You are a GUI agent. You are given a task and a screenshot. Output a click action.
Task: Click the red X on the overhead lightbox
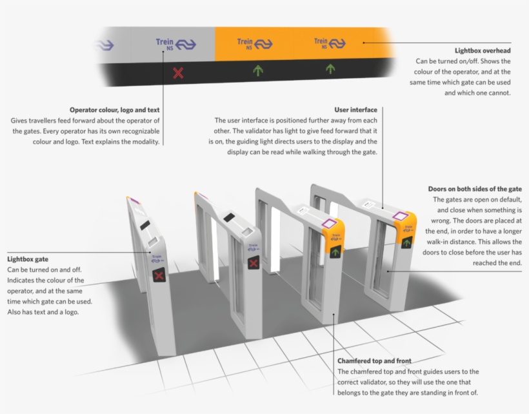(x=178, y=73)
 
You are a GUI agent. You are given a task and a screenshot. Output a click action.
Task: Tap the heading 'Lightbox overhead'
(x=483, y=50)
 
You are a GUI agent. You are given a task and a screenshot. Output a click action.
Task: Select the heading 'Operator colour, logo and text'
(x=115, y=110)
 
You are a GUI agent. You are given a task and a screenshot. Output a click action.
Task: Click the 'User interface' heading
(x=355, y=110)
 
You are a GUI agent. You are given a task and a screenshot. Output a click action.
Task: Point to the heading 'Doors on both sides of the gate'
(x=475, y=189)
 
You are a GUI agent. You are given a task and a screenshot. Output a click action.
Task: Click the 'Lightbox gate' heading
(x=28, y=259)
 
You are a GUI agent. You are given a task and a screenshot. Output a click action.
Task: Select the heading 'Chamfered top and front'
(x=374, y=361)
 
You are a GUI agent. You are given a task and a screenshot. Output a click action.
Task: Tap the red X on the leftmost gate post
(x=158, y=276)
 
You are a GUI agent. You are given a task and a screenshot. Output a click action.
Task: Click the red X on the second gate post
(x=254, y=262)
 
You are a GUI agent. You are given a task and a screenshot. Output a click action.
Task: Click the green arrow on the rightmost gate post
(x=406, y=242)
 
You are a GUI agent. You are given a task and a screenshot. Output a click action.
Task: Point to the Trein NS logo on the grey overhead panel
(x=175, y=44)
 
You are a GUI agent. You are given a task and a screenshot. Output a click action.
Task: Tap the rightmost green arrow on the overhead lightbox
(x=330, y=68)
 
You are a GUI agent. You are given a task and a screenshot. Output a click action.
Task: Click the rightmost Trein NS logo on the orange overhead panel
(x=329, y=43)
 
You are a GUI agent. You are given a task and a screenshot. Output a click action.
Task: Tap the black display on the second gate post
(x=229, y=217)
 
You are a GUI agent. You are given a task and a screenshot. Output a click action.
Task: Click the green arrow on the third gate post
(x=335, y=252)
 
